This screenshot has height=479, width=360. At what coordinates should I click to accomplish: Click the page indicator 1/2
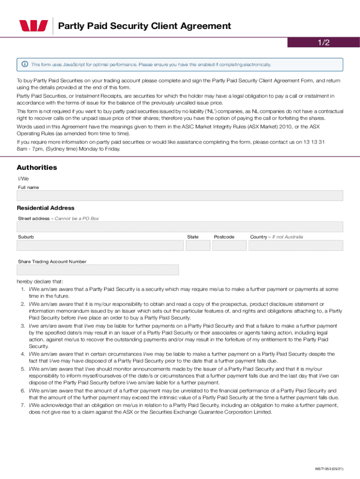click(324, 43)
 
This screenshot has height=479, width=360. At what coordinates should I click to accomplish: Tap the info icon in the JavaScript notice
click(24, 65)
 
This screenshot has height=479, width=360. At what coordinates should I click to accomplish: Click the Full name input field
click(180, 196)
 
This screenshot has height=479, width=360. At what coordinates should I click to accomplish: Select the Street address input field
click(180, 227)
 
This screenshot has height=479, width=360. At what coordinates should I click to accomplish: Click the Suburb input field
click(100, 246)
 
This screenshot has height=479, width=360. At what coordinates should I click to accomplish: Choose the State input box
click(198, 246)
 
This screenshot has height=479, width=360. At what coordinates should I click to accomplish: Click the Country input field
click(295, 246)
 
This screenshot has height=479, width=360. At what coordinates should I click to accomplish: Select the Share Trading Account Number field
click(98, 270)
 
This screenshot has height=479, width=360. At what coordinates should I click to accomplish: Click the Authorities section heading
click(37, 167)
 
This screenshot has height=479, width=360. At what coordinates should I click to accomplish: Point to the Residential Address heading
click(46, 208)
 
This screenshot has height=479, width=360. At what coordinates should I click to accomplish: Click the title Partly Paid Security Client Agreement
click(144, 26)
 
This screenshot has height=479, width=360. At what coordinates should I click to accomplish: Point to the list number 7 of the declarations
click(22, 405)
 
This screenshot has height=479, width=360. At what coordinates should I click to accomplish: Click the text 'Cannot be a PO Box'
click(77, 218)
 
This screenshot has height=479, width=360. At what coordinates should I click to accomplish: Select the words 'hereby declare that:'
click(40, 282)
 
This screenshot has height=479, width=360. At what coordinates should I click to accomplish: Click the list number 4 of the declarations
click(22, 354)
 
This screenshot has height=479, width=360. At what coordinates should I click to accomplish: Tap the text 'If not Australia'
click(288, 237)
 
